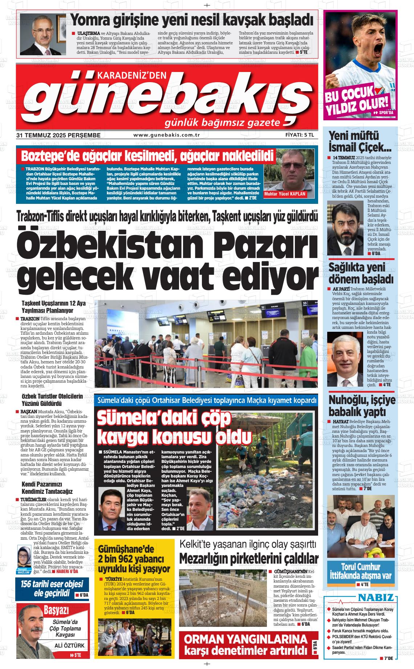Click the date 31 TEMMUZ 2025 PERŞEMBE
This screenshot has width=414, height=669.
[58, 135]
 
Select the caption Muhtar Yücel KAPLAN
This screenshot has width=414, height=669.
[285, 194]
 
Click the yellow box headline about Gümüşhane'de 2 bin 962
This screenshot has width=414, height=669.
[134, 559]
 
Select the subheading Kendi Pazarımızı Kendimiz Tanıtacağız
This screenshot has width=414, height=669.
[47, 488]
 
